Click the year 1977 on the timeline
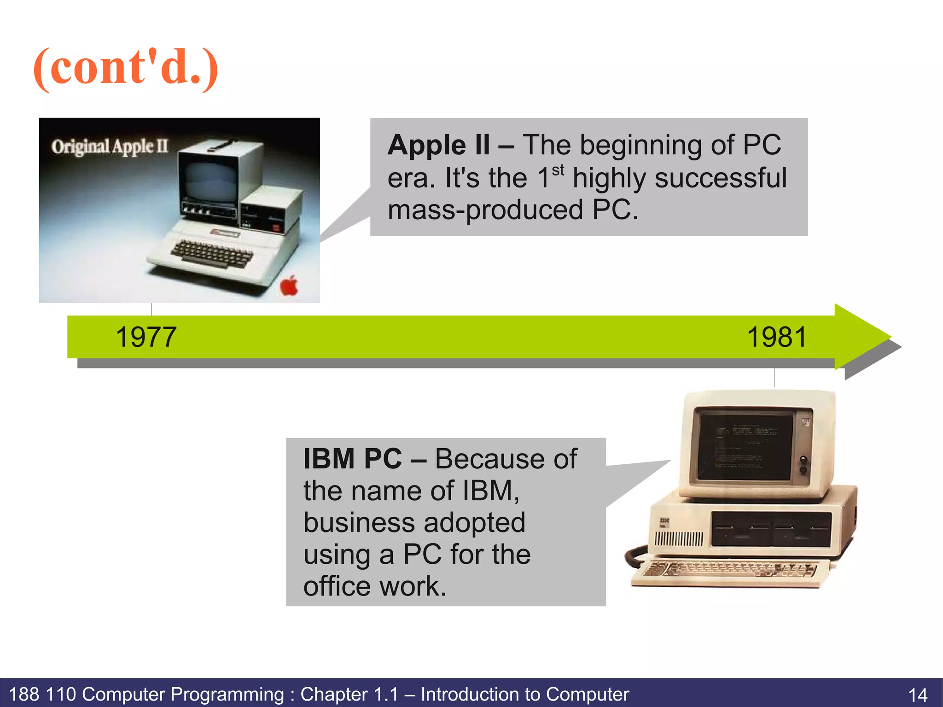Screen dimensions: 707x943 (x=146, y=337)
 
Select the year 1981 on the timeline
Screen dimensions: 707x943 (x=777, y=337)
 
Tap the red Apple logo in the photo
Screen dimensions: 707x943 (x=290, y=286)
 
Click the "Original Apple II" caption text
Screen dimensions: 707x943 (x=110, y=147)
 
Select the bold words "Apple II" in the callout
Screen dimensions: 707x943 (x=439, y=146)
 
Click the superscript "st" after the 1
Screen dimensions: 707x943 (x=558, y=170)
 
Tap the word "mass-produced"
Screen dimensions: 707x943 (x=486, y=210)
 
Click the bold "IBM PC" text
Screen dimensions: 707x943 (x=353, y=459)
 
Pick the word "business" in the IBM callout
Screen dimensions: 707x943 (x=359, y=523)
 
